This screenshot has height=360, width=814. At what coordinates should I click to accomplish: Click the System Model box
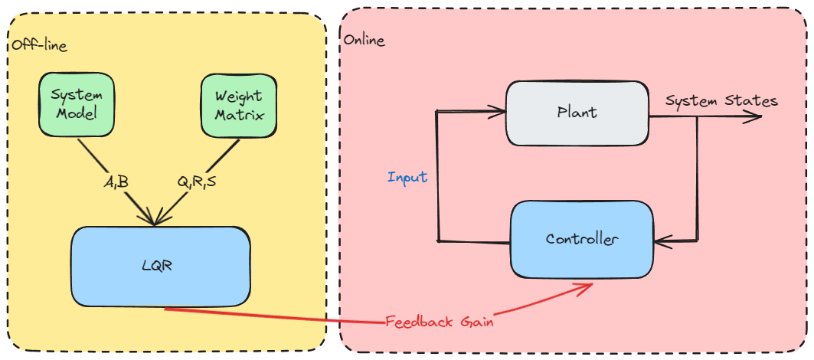[77, 106]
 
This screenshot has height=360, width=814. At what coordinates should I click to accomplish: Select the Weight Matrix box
[238, 106]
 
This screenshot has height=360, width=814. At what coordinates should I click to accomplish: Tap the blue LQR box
[161, 265]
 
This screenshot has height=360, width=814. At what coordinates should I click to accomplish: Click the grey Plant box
[577, 113]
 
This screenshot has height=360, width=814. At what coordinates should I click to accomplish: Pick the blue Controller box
[582, 239]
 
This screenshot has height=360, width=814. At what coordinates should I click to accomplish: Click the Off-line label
[39, 45]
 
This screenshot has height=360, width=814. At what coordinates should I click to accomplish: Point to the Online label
[365, 40]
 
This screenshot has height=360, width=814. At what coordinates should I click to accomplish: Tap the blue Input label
[407, 177]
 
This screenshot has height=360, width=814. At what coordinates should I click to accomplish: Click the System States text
[721, 101]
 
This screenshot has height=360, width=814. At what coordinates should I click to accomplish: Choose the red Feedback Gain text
[439, 322]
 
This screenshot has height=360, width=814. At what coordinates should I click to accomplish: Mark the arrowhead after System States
[757, 116]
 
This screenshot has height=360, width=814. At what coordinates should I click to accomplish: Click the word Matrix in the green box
[238, 116]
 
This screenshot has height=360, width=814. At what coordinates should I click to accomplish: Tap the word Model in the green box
[77, 116]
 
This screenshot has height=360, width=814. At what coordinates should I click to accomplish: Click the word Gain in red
[476, 322]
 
